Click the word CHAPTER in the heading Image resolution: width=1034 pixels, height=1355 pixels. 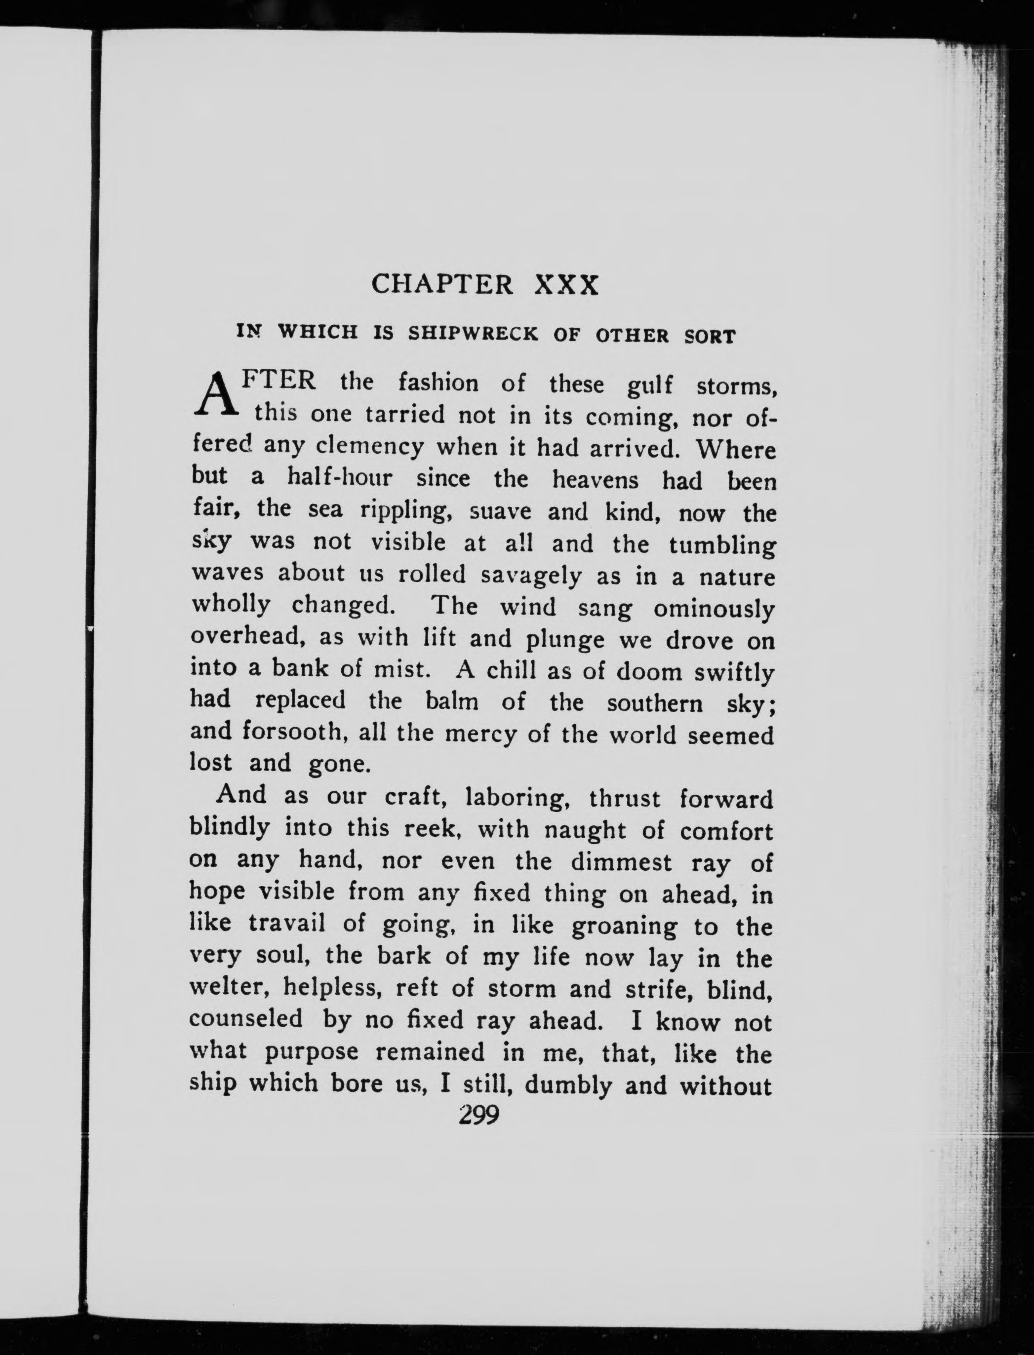(442, 284)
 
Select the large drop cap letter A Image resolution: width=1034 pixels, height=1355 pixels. (215, 395)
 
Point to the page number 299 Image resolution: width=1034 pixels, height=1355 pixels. (478, 1115)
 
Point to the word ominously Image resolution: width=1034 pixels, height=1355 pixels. (714, 609)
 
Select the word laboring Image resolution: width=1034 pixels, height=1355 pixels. (516, 798)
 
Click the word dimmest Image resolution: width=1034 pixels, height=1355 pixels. (621, 862)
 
